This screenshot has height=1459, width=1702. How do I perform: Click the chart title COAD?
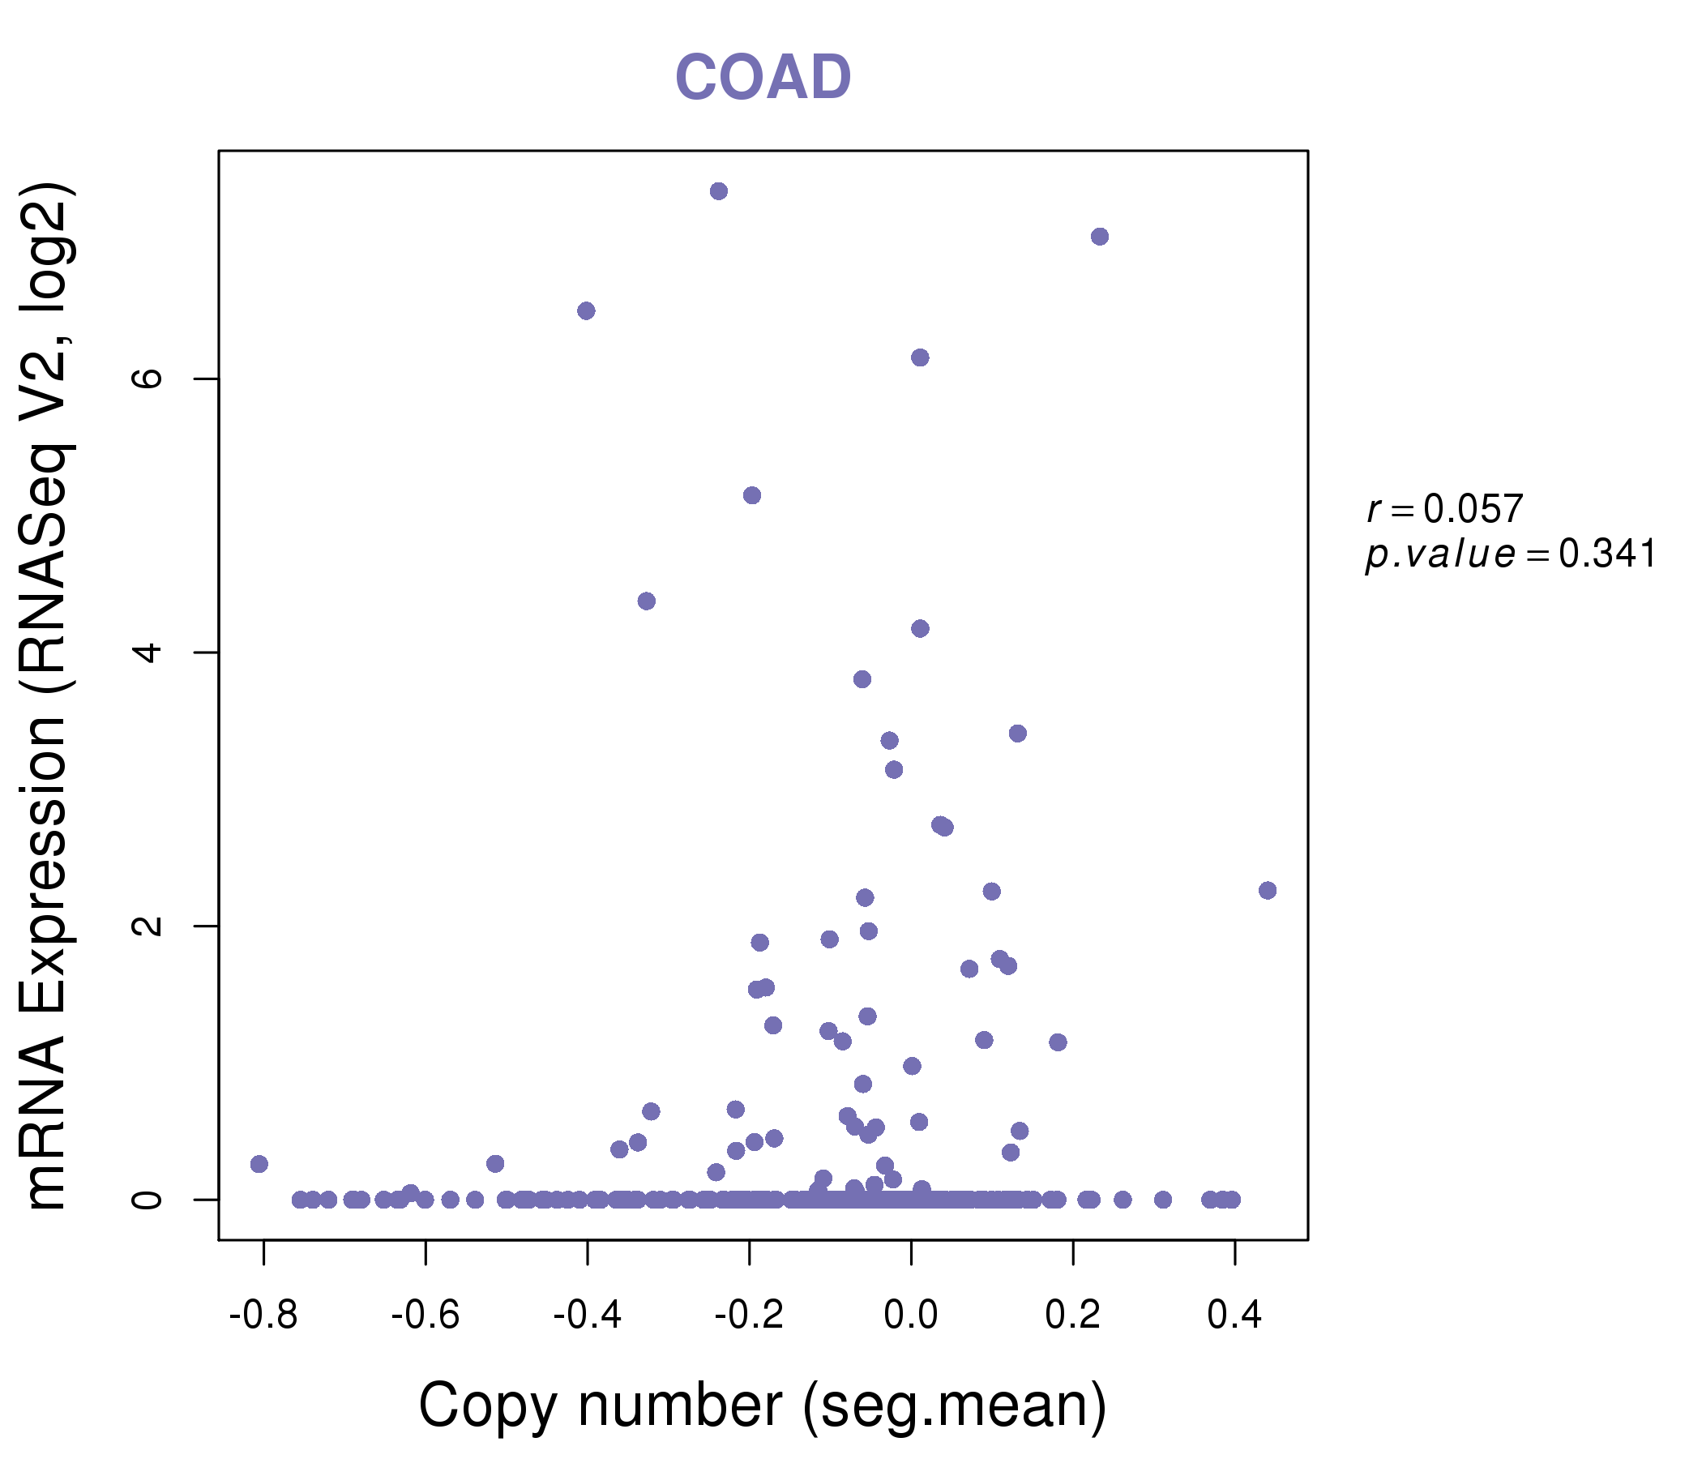tap(763, 78)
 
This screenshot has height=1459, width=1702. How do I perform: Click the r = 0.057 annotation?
tap(1445, 509)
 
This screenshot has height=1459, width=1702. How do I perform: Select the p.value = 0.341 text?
tap(1510, 554)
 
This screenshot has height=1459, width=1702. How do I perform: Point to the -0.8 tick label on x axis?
tap(263, 1316)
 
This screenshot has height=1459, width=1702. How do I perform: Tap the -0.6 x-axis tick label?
tap(425, 1316)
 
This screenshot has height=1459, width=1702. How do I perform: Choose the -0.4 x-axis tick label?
tap(587, 1316)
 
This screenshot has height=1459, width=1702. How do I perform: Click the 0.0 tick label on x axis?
tap(911, 1316)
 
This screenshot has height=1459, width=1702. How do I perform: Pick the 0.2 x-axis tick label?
tap(1073, 1316)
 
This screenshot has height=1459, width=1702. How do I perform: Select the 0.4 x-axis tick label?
tap(1234, 1316)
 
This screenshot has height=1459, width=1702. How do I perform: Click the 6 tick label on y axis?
tap(148, 379)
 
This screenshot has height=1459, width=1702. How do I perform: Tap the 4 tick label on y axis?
tap(148, 652)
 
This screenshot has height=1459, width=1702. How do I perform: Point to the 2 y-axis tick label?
tap(148, 926)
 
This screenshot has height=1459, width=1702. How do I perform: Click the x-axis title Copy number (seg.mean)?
tap(763, 1406)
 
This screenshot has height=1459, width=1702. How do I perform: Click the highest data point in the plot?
tap(719, 191)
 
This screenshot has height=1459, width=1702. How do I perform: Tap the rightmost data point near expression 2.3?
tap(1268, 891)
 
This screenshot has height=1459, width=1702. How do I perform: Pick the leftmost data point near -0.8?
tap(259, 1164)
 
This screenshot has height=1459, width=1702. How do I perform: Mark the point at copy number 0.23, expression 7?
tap(1100, 237)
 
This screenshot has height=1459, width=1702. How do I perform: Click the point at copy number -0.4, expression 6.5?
tap(586, 310)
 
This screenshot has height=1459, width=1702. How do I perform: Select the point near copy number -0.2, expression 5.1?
tap(751, 495)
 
